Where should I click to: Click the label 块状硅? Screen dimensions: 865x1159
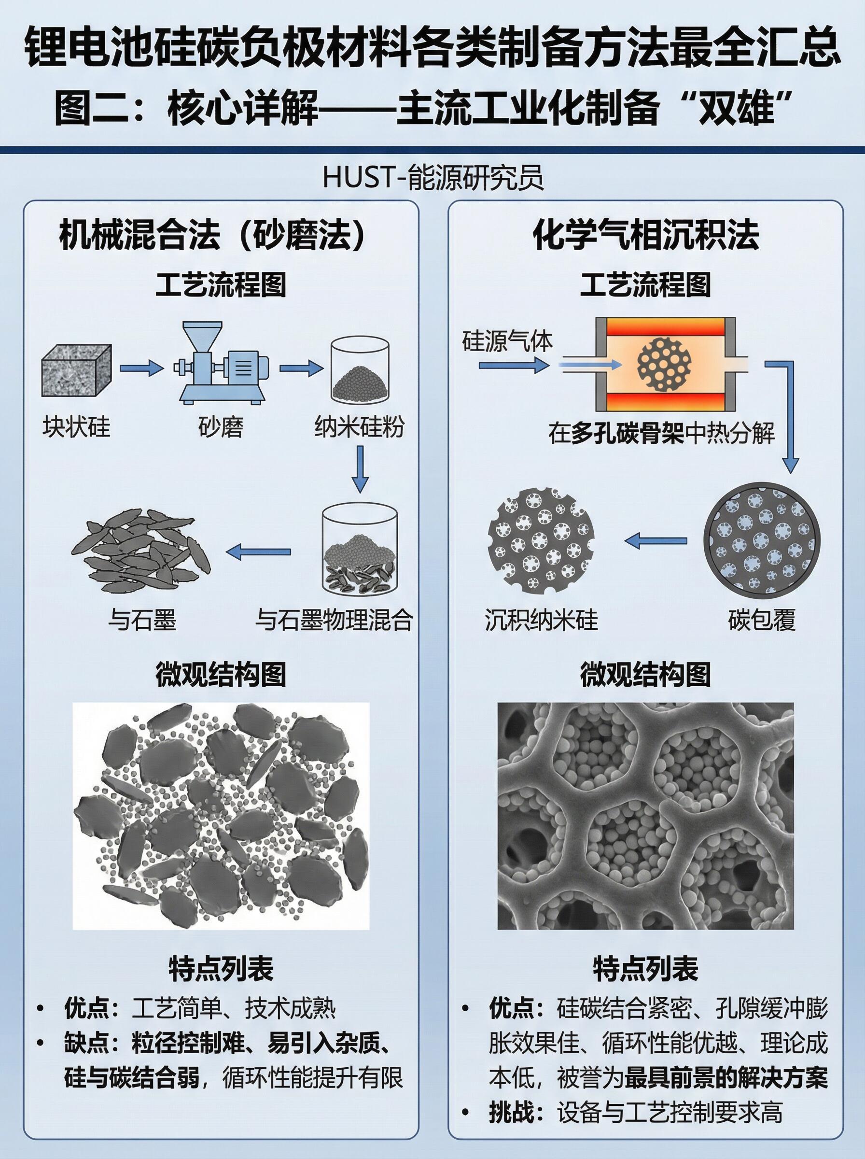coord(76,428)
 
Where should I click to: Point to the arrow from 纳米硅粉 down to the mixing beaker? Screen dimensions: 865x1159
coord(360,469)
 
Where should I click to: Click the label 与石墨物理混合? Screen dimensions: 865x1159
coord(334,621)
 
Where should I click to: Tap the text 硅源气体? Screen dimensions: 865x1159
coord(507,342)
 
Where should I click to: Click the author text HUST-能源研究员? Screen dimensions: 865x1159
coord(432,178)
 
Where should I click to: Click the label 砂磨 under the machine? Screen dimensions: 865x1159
coord(221,428)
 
